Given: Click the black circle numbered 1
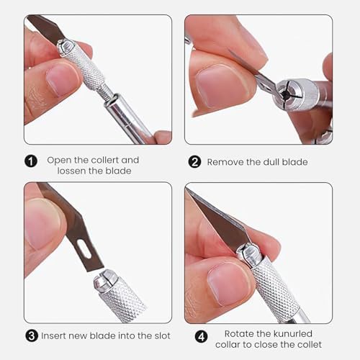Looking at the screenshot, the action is [x=31, y=161].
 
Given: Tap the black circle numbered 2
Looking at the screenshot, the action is [x=194, y=162].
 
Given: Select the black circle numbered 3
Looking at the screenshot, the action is [x=32, y=336].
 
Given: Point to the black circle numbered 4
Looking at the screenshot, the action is [x=201, y=336].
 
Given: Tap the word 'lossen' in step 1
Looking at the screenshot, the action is [x=71, y=171].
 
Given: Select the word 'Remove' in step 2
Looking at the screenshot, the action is [x=225, y=162].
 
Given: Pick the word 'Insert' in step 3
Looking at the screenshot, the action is [x=53, y=336].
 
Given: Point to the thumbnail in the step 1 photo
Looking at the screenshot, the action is [x=63, y=80].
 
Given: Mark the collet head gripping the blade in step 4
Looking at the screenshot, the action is [x=250, y=255].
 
